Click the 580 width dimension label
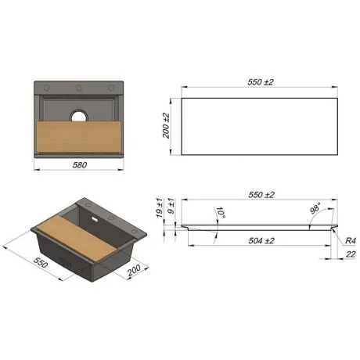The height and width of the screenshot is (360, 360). click(x=80, y=165)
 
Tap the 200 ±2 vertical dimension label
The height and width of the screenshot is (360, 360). click(x=166, y=126)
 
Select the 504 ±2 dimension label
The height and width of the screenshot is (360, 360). click(x=261, y=240)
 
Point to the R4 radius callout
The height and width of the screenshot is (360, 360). click(x=351, y=240)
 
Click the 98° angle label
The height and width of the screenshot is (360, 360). click(x=315, y=209)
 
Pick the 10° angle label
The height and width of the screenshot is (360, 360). click(x=221, y=213)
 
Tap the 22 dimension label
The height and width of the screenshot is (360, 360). click(x=350, y=254)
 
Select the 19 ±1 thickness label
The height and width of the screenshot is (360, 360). click(x=160, y=208)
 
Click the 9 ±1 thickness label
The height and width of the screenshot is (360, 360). click(x=171, y=207)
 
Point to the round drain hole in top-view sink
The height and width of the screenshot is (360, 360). click(x=78, y=116)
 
